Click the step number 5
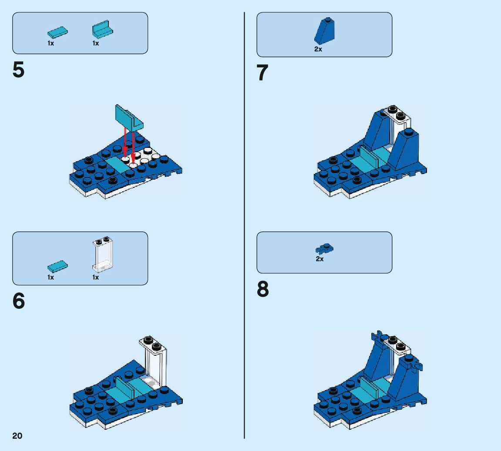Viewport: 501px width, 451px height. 18,70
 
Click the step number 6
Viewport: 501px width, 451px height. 19,301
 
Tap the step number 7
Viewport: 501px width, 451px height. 262,73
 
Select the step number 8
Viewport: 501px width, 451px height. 262,289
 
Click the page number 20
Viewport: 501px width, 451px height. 17,436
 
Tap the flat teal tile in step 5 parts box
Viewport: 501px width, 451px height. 57,32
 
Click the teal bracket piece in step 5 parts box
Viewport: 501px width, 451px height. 102,30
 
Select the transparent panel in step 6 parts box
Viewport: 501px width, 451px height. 103,254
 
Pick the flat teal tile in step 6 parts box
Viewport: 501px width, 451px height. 57,266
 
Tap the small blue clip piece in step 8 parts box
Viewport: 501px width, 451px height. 324,249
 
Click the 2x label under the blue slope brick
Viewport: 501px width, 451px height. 318,49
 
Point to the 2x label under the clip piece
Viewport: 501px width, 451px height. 320,259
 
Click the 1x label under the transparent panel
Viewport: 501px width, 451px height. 95,277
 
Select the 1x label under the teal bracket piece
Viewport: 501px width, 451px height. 95,43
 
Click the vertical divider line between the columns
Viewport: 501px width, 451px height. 245,225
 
